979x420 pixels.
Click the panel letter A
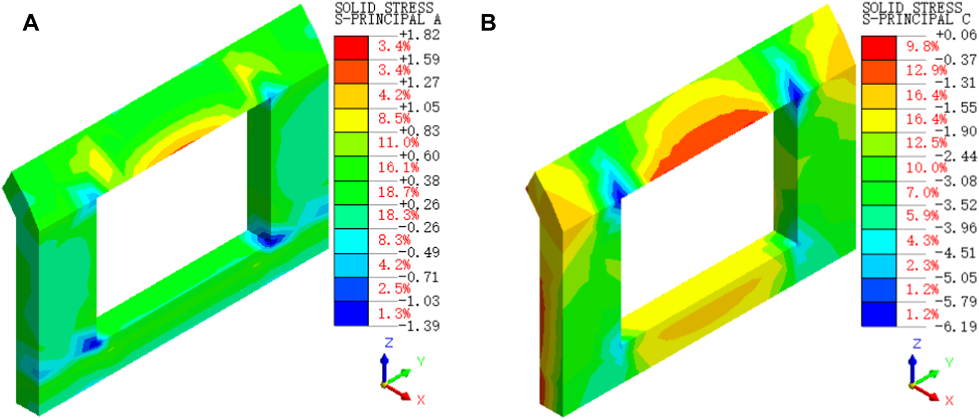tap(31, 23)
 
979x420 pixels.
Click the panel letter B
tap(488, 23)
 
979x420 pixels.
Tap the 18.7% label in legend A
tap(394, 192)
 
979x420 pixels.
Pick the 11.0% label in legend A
tap(394, 143)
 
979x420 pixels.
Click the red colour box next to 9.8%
tap(879, 48)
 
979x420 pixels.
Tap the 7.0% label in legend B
tap(922, 193)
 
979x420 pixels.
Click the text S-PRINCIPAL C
tap(916, 19)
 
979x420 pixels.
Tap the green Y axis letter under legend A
tap(421, 362)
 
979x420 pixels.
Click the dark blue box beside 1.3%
tap(351, 314)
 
